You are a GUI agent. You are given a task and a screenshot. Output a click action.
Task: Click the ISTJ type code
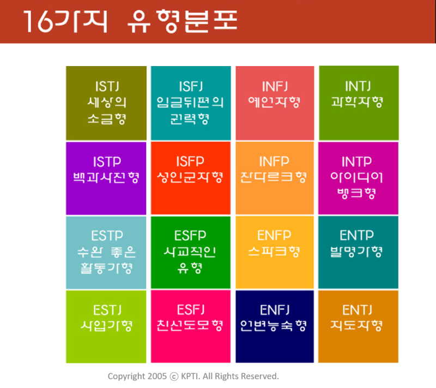[106, 86]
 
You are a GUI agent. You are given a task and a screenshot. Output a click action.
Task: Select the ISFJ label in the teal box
[190, 86]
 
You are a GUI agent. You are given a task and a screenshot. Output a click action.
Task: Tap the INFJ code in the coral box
[274, 86]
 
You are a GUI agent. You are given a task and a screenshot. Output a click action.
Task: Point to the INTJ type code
[358, 86]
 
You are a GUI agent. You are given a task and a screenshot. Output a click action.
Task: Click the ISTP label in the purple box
[106, 162]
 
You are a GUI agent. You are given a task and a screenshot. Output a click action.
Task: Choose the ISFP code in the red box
[190, 162]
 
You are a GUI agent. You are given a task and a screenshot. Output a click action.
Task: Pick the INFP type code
[274, 162]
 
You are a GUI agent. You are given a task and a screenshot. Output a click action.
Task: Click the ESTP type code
[106, 236]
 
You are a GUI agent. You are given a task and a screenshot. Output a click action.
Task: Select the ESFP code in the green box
[190, 236]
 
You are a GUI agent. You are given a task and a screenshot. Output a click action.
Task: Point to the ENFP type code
[274, 236]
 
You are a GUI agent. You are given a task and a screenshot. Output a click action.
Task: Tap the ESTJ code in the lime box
[106, 311]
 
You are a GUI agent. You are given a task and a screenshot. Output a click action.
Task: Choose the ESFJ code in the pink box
[190, 311]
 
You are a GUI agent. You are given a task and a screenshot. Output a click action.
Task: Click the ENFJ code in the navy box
[274, 311]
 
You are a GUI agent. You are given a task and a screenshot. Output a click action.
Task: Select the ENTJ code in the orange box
[358, 311]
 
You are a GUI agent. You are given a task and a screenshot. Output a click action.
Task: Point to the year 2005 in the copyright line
[157, 376]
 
